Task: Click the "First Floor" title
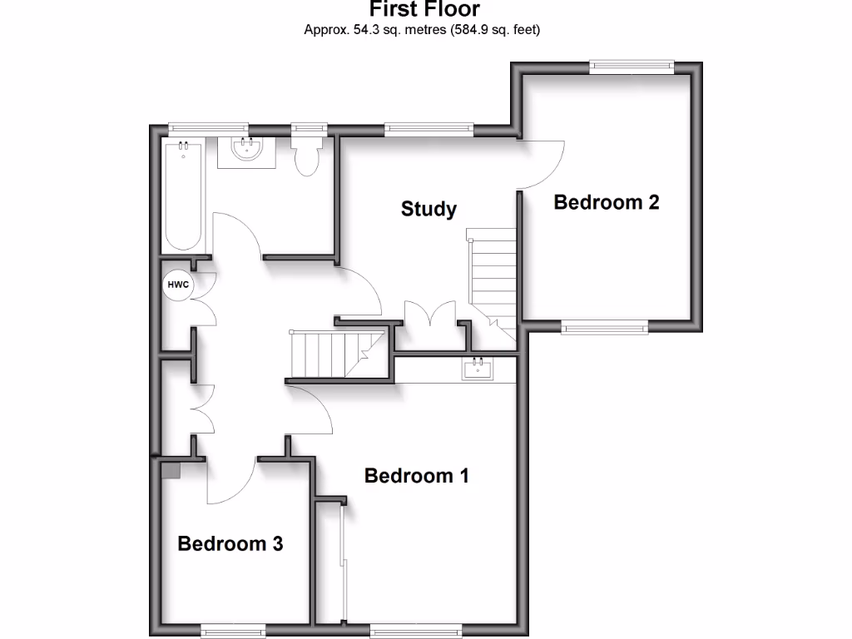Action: point(424,10)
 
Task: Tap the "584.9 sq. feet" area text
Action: point(495,31)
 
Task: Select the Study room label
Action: point(428,208)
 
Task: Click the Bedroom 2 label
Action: point(607,202)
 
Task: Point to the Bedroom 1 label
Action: point(417,476)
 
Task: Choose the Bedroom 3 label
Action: point(230,544)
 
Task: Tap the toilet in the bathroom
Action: point(307,156)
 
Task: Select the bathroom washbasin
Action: point(247,151)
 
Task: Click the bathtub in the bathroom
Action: point(183,196)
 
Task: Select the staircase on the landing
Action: point(333,354)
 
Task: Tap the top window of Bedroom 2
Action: point(631,67)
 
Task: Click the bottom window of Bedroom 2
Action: point(605,328)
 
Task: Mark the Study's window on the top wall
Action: point(428,129)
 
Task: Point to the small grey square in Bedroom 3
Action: point(171,470)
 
